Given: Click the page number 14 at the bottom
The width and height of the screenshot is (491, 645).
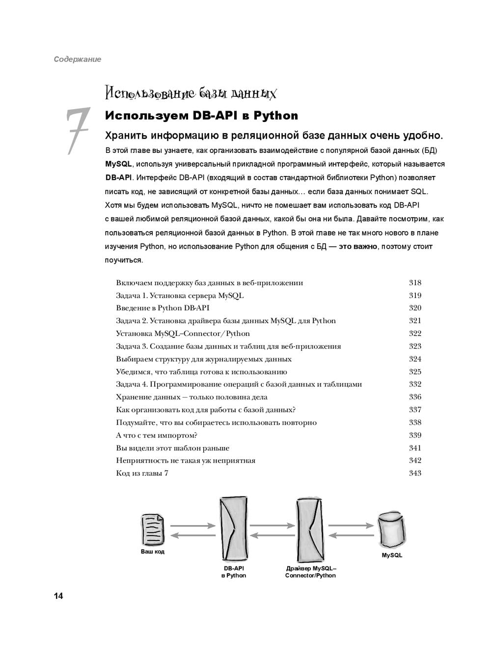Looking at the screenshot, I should (58, 596).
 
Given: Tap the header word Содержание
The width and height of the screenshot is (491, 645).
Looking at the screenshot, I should (78, 59).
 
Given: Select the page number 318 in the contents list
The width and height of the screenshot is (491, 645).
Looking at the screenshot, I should (415, 283).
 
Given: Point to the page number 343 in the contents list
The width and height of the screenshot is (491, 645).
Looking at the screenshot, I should (415, 473).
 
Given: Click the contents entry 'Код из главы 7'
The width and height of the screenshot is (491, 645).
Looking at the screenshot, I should (142, 473).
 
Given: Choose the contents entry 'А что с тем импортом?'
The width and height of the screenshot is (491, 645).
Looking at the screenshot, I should (157, 435).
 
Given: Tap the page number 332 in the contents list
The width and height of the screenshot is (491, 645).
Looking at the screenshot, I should (415, 384).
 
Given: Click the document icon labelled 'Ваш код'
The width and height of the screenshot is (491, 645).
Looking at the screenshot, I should (153, 529).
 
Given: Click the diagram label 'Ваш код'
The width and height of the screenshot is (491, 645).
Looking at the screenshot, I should (153, 552).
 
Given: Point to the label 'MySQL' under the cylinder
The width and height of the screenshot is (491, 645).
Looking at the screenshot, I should (392, 556).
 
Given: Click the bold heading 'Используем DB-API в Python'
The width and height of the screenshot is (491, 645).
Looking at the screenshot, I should (201, 116).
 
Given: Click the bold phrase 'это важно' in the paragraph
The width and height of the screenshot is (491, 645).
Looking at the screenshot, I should (358, 246).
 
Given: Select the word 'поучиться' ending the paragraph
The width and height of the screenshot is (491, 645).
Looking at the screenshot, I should (123, 260).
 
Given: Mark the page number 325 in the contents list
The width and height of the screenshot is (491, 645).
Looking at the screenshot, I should (415, 372).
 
